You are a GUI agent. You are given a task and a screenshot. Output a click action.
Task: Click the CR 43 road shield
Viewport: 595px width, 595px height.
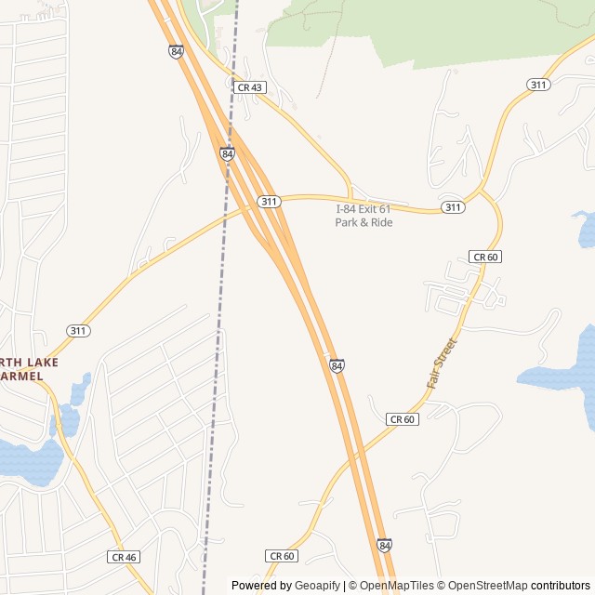point(249,86)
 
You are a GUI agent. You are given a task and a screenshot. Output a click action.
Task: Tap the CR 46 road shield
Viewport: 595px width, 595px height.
point(123,557)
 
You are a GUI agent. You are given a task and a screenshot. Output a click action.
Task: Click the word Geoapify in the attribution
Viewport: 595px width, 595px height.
point(317,586)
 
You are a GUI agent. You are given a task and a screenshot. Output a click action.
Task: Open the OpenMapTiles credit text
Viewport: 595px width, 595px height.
point(396,586)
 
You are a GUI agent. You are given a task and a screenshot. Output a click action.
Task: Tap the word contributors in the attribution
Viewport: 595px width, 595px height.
point(561,586)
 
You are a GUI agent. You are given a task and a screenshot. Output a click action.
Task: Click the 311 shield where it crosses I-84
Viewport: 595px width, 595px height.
point(269,202)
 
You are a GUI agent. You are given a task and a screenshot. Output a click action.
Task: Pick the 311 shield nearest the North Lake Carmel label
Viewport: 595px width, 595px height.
point(78,330)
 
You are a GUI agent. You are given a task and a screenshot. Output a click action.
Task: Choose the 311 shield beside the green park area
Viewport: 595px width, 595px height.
point(537,85)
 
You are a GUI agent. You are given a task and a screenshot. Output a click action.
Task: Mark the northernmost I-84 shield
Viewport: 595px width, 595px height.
point(176,51)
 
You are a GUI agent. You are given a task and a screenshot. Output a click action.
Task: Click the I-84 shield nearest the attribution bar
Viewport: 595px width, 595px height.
point(384,545)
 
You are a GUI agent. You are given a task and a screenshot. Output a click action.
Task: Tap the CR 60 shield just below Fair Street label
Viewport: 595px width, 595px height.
point(402,419)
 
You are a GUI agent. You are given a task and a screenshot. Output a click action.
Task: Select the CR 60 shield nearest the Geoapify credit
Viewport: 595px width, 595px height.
point(282,556)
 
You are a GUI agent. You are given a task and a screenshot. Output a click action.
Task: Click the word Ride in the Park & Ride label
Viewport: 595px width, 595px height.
point(380,223)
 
